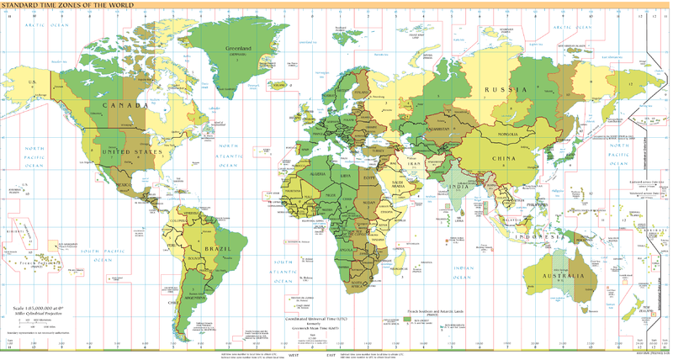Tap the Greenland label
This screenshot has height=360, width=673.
(x=237, y=49)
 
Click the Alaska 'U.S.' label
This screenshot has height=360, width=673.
(x=33, y=82)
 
